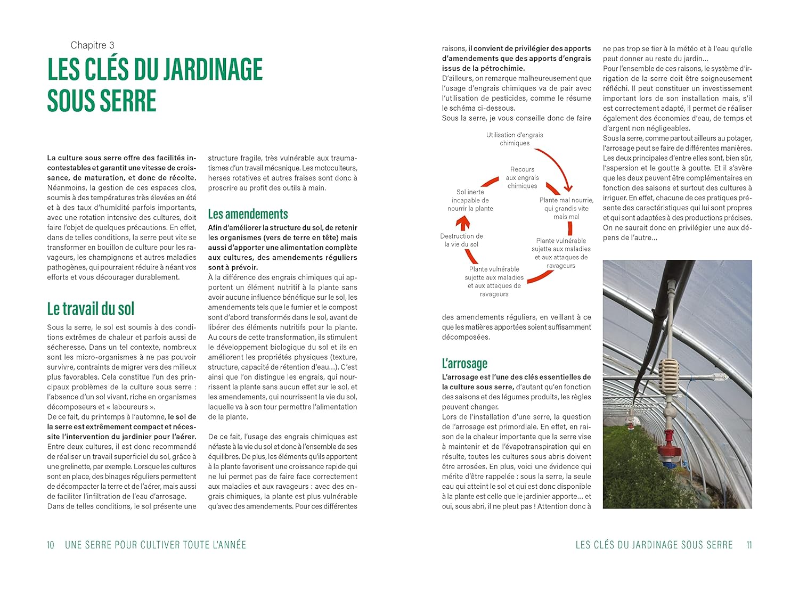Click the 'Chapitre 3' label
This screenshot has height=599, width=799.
[92, 45]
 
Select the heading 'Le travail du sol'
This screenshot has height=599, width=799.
[91, 309]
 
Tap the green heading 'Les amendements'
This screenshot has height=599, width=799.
[248, 214]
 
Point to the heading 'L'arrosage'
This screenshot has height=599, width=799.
[464, 363]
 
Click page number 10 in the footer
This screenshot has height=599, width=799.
[51, 545]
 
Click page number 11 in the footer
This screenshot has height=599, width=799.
[749, 545]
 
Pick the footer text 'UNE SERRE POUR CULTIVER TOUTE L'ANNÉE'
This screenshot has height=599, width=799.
[156, 545]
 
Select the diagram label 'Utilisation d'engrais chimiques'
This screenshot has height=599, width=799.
[515, 139]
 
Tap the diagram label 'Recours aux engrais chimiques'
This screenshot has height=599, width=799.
[522, 178]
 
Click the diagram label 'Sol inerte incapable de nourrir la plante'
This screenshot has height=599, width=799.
[470, 200]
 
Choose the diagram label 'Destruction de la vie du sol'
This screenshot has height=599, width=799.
[461, 240]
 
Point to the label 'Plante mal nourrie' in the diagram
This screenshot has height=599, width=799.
[566, 200]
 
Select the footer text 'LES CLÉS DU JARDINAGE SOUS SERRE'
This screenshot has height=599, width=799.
[654, 545]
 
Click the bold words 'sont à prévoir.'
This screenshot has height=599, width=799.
[233, 267]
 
